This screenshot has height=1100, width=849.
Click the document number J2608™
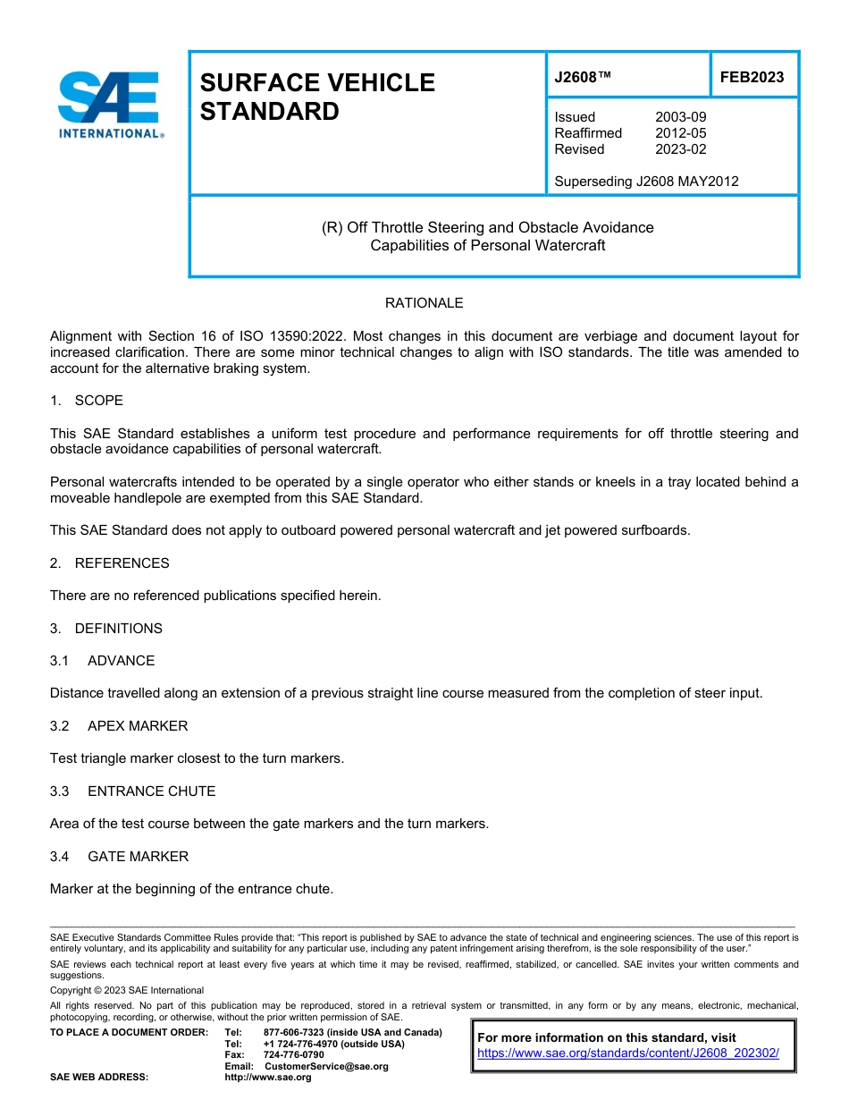tap(583, 77)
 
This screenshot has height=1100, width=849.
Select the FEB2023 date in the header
tap(752, 77)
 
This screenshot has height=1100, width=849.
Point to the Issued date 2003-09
tap(680, 117)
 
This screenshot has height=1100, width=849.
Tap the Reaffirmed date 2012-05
tap(680, 133)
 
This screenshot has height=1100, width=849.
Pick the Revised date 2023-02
tap(680, 149)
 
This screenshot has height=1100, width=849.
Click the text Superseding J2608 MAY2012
tap(646, 182)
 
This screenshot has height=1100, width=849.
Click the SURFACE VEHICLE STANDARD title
tap(317, 97)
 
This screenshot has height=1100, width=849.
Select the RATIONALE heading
tap(424, 303)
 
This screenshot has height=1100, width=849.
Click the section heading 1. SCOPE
tap(87, 401)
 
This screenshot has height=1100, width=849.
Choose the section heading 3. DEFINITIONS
tap(106, 629)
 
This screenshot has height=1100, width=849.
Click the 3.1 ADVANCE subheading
tap(102, 661)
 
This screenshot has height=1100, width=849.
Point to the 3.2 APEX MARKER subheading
tap(119, 726)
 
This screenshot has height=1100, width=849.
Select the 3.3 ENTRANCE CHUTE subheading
tap(132, 791)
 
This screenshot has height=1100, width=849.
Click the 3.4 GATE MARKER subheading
tap(119, 857)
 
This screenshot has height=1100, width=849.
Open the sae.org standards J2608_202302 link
tap(628, 1053)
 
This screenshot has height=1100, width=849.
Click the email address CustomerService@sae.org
tap(326, 1066)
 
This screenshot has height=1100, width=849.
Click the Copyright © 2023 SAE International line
tap(127, 990)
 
